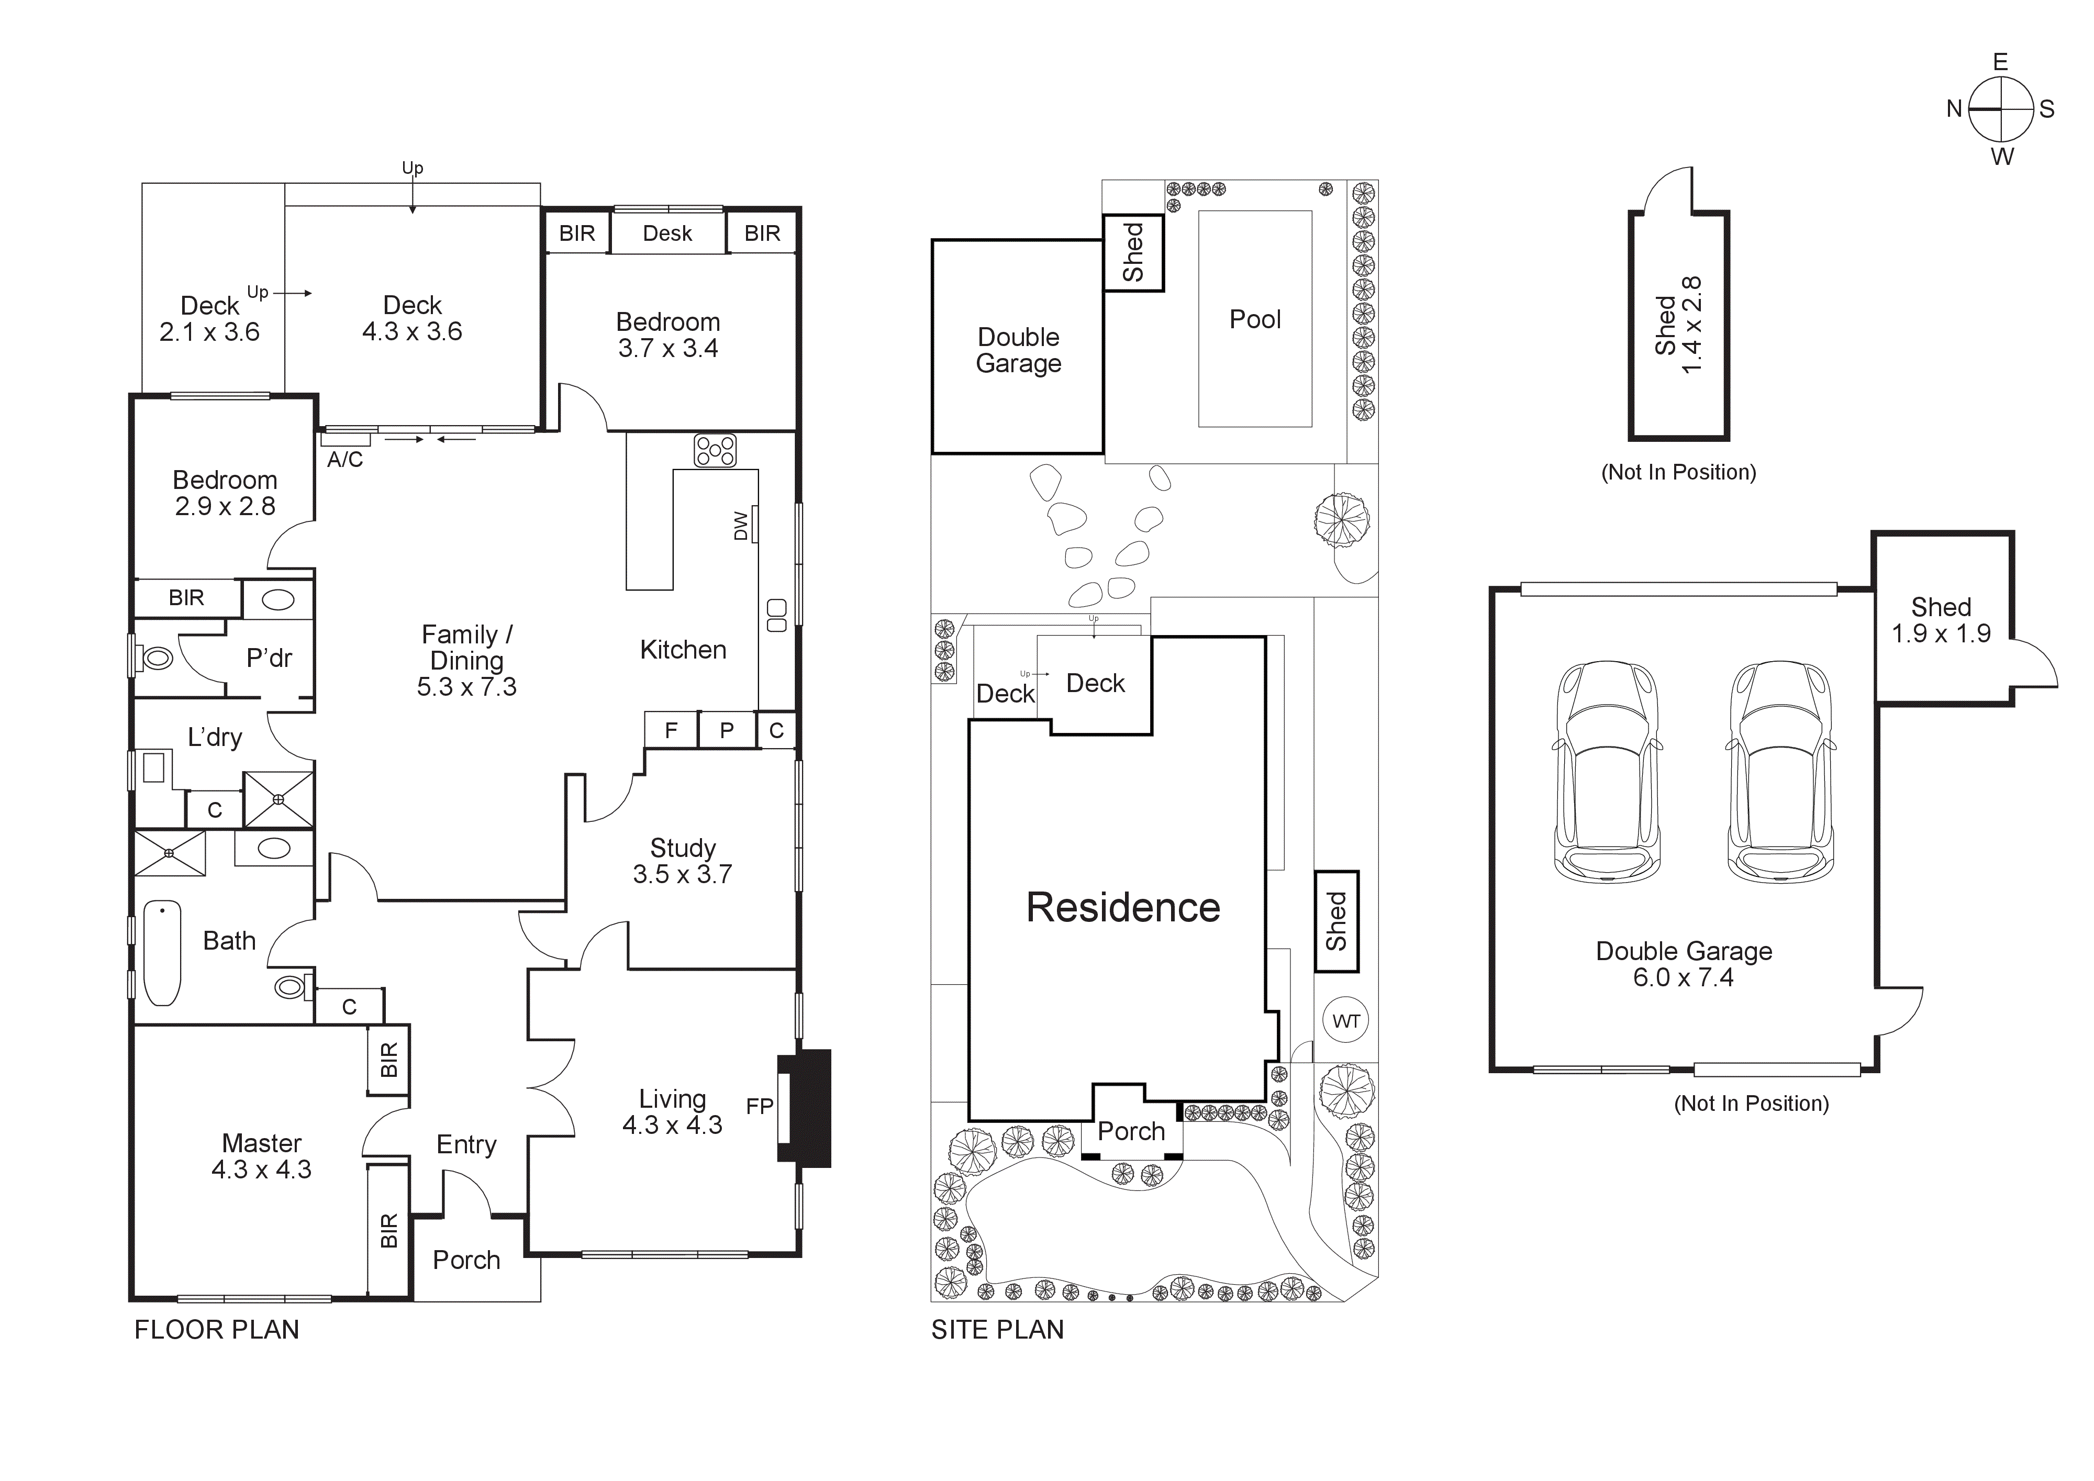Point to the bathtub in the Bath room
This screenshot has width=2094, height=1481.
(162, 953)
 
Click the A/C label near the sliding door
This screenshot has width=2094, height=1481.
(345, 460)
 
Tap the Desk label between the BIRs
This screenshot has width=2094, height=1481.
(667, 233)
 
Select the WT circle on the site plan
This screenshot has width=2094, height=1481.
(1346, 1021)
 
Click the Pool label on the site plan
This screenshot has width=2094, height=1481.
(1255, 319)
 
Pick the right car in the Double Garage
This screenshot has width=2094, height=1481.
(1779, 771)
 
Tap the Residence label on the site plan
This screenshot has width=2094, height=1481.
(1123, 907)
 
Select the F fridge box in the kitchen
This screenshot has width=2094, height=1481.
(671, 730)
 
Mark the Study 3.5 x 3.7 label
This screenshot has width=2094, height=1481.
(682, 861)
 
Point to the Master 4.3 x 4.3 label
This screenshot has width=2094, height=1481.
(262, 1156)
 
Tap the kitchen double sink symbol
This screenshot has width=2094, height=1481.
(776, 616)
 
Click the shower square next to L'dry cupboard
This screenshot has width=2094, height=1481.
(278, 800)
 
